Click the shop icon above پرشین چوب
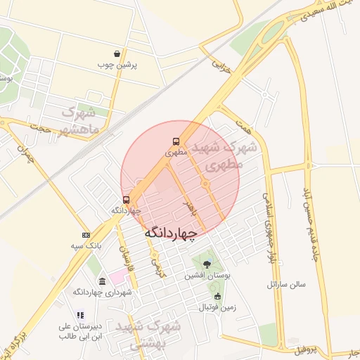pos(117,53)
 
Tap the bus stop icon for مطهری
pos(176,141)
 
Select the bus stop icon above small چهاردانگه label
pos(127,200)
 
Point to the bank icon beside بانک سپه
pos(86,235)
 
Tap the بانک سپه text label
pos(90,247)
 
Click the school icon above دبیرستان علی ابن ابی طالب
pos(80,315)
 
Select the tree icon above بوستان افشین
pos(205,264)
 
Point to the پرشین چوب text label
pos(117,65)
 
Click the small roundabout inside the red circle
pos(205,184)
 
